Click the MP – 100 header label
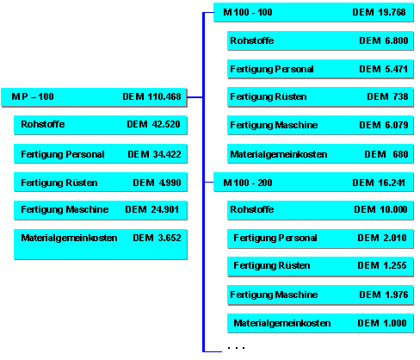coord(33,96)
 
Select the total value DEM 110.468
coord(151,96)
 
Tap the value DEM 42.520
coord(153,124)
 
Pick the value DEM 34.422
coord(154,154)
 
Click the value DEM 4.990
coord(157,183)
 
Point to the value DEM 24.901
coord(152,209)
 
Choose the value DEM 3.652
coord(157,238)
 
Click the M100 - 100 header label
coord(248,12)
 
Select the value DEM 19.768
coord(379,12)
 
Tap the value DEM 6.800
coord(384,40)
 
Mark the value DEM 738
coord(387,96)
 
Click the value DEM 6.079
coord(384,125)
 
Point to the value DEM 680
coord(386,154)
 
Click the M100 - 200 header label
coord(248,183)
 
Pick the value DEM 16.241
coord(379,183)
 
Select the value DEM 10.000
coord(380,209)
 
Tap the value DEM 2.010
coord(382,238)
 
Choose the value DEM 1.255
coord(382,265)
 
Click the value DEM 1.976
coord(384,295)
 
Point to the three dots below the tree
coord(236,348)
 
